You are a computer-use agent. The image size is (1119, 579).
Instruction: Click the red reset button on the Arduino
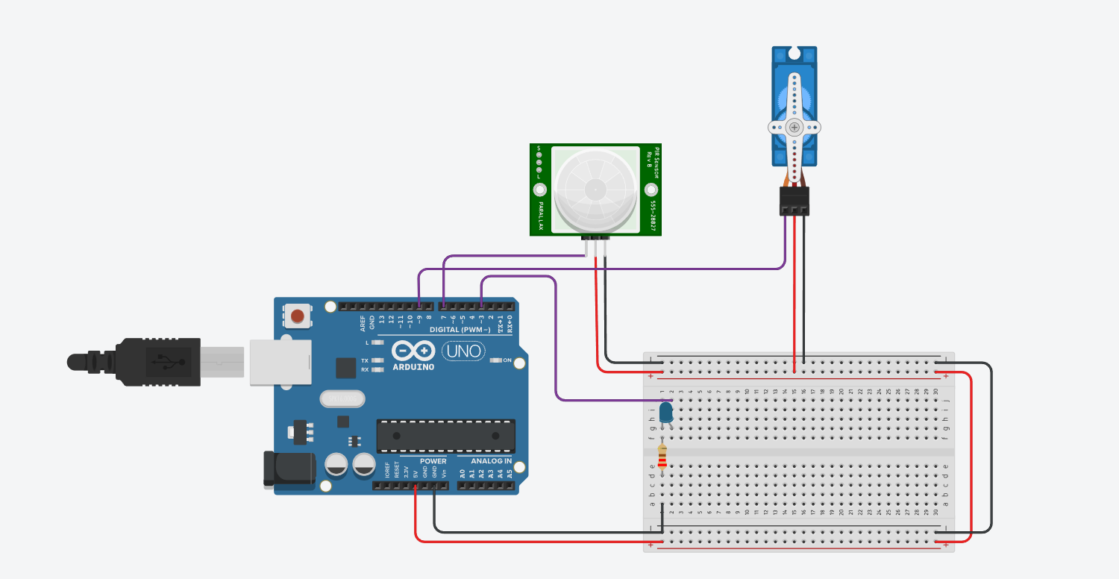tap(298, 316)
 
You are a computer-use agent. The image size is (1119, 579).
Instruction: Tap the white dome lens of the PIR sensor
tap(595, 190)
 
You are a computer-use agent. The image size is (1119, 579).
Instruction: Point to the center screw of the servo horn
tap(794, 128)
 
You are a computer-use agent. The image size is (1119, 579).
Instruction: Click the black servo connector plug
tap(794, 201)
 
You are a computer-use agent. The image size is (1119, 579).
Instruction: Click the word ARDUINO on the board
tap(413, 366)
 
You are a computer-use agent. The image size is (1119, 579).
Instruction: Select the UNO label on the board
tap(463, 350)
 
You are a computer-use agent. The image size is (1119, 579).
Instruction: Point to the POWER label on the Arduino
tap(433, 461)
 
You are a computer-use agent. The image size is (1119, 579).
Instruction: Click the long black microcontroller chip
tap(445, 436)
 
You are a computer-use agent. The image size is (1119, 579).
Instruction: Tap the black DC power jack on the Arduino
tap(287, 469)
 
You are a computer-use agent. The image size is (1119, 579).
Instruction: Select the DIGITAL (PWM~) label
tap(460, 329)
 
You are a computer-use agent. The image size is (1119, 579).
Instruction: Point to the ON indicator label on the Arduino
tap(507, 360)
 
